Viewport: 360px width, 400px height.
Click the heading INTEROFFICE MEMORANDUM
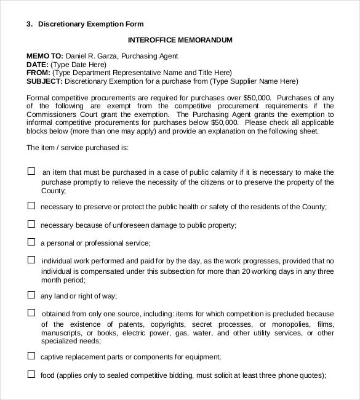coord(180,40)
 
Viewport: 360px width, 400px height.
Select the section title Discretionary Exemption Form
coord(90,25)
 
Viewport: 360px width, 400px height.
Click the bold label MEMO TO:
coord(44,56)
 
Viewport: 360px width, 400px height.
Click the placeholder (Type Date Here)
coord(78,64)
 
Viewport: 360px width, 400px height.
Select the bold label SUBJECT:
coord(44,81)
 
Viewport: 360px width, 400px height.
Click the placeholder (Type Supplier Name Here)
coord(254,81)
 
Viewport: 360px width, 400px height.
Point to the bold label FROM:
coord(38,73)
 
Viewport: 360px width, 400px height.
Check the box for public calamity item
coord(31,172)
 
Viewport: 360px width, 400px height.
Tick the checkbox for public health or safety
coord(31,206)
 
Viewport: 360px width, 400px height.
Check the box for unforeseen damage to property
coord(31,224)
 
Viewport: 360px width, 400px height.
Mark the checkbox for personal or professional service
coord(31,242)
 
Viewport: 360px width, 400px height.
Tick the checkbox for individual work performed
coord(31,260)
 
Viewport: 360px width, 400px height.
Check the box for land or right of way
coord(31,295)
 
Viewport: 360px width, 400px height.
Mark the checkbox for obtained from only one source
coord(31,313)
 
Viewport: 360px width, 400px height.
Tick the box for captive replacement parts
coord(31,355)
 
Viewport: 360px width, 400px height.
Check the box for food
coord(31,373)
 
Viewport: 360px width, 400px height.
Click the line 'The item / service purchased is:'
coord(78,148)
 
